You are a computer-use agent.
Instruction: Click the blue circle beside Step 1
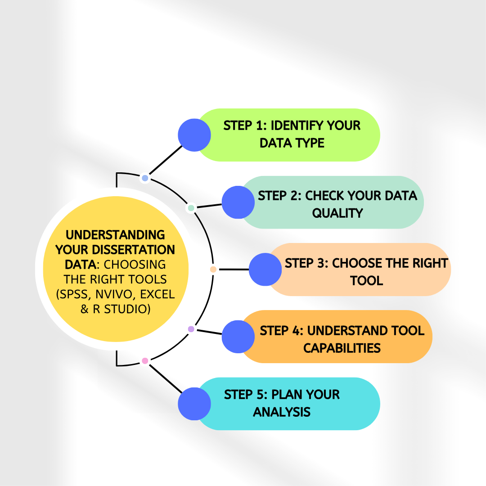click(x=194, y=135)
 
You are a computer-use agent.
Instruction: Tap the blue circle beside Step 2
click(x=238, y=202)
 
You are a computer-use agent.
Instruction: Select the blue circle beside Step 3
click(x=265, y=269)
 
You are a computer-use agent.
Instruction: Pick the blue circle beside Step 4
click(x=238, y=336)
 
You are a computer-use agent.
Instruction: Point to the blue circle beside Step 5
click(x=194, y=404)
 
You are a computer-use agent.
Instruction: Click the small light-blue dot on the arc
click(x=145, y=178)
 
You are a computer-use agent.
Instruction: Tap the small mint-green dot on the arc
click(x=191, y=208)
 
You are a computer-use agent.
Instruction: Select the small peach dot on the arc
click(x=213, y=269)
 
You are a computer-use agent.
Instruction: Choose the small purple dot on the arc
click(x=191, y=329)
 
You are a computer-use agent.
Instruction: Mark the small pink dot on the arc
click(x=145, y=360)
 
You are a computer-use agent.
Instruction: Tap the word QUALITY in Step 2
click(x=337, y=213)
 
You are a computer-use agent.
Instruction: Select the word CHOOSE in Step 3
click(x=357, y=263)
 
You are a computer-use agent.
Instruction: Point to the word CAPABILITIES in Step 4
click(x=342, y=348)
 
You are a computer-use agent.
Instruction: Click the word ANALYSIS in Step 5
click(x=282, y=412)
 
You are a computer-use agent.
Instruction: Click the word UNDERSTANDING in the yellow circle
click(x=115, y=235)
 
